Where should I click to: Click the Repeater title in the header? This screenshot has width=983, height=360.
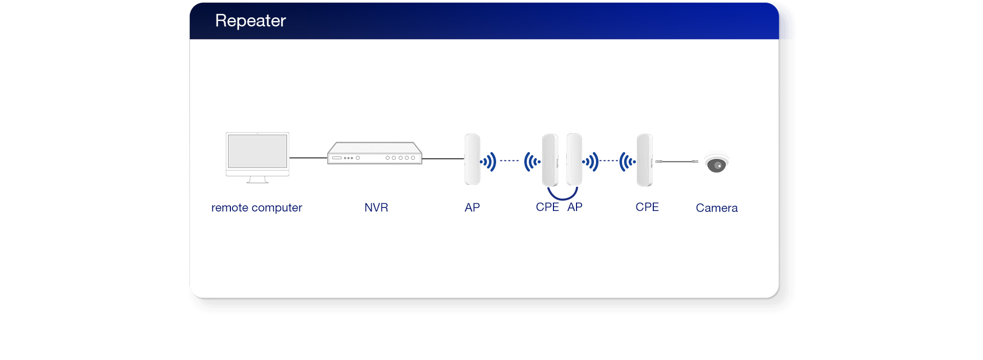point(250,20)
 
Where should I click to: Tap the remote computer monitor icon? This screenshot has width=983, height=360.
point(258,152)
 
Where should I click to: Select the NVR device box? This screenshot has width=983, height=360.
point(375,153)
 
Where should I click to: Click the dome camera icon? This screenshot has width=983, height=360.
point(716,163)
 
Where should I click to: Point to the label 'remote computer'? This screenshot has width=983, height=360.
point(257,207)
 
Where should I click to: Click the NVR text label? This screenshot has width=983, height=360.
point(376,207)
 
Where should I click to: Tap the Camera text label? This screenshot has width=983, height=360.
point(716,208)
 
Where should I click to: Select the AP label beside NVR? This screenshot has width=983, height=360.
point(472,207)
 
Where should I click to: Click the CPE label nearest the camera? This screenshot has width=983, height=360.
point(647,207)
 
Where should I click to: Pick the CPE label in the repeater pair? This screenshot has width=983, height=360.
point(547,207)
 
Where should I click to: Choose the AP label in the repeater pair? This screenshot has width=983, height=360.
point(575,207)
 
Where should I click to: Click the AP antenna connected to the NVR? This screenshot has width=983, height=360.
point(472,159)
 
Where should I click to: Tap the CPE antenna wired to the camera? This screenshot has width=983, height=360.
point(645,160)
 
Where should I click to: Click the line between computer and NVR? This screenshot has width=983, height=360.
point(308,158)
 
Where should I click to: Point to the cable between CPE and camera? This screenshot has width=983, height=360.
point(677,161)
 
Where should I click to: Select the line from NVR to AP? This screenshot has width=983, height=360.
point(443,159)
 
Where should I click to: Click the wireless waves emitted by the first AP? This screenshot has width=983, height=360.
point(488,162)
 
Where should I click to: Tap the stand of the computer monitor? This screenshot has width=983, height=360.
point(257,180)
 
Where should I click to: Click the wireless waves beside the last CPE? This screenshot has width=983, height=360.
point(627,162)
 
